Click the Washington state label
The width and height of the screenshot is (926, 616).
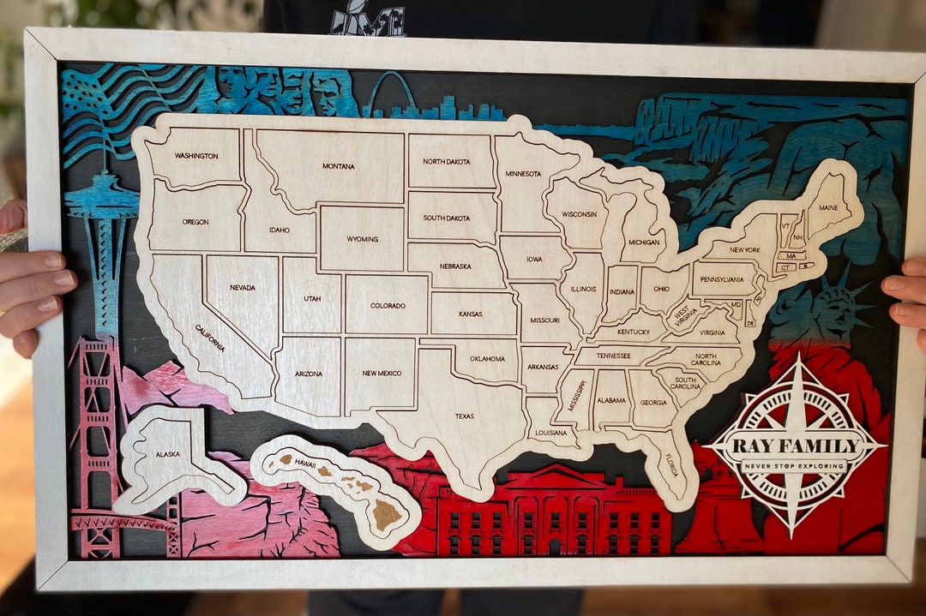coord(196,156)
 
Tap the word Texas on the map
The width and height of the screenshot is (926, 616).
coord(464,417)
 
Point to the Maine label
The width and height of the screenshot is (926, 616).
coord(828,207)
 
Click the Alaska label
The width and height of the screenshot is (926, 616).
coord(167,454)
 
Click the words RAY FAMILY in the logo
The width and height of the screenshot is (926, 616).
coord(795,446)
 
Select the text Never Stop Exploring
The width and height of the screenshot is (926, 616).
coord(795,466)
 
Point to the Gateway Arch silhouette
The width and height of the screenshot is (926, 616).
coord(391,93)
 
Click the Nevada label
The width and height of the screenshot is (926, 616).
coord(242,288)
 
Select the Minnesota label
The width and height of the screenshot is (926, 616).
coord(523,174)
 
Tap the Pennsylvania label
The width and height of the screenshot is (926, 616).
coord(722,279)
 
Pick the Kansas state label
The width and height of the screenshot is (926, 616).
coord(470,314)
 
